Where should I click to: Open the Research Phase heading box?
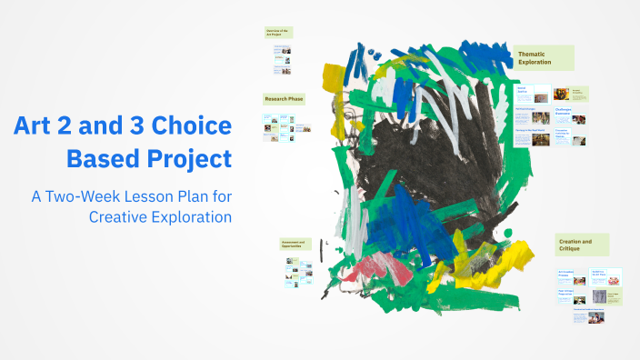284,98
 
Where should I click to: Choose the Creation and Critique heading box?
582,245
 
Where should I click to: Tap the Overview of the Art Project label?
277,33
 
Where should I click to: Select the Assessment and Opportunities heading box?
295,245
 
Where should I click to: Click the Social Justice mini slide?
534,93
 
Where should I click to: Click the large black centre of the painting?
400,173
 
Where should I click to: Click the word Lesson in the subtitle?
166,195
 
